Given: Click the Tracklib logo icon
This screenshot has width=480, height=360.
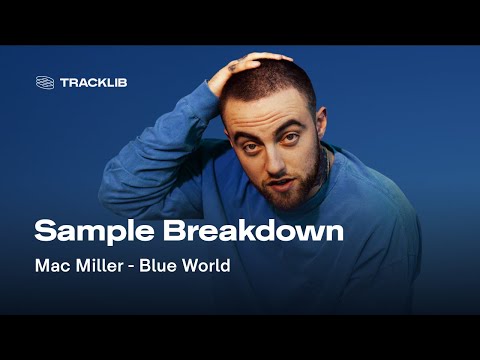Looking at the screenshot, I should pos(44,82).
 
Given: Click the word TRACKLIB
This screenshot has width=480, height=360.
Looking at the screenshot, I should pos(93,82).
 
